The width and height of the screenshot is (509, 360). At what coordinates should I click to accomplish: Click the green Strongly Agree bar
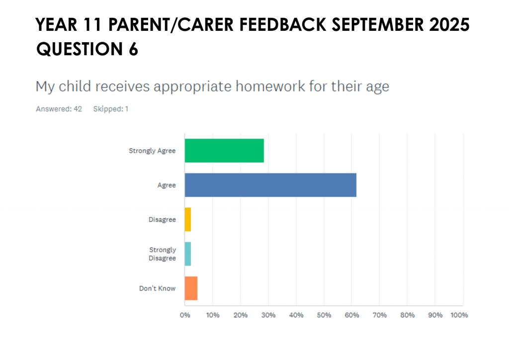(x=224, y=151)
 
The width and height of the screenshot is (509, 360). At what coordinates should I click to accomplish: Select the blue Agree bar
(x=271, y=185)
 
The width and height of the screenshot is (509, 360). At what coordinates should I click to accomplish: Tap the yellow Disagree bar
(x=188, y=219)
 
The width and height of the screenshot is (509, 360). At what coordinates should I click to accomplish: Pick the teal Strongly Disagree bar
(x=188, y=254)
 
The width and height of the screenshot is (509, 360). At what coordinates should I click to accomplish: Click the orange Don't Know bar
(x=191, y=288)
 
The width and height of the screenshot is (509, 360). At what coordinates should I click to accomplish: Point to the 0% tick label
(x=185, y=315)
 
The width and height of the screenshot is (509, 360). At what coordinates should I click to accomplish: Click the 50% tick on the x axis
(x=324, y=315)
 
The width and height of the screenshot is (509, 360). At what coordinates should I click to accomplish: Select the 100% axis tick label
(x=459, y=315)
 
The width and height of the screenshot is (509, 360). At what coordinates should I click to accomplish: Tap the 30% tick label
(x=268, y=315)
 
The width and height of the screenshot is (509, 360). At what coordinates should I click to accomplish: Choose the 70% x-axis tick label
(x=379, y=315)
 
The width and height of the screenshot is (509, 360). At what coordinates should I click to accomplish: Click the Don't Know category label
(x=158, y=288)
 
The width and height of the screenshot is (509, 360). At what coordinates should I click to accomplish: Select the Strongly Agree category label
(x=152, y=151)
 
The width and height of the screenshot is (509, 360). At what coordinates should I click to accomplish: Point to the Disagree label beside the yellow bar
(x=163, y=220)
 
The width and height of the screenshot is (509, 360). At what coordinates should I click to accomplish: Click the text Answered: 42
(x=59, y=109)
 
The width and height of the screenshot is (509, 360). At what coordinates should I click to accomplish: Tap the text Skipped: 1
(x=111, y=109)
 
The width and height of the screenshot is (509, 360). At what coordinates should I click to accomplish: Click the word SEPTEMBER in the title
(x=378, y=25)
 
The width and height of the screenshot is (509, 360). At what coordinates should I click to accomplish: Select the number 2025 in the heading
(x=449, y=25)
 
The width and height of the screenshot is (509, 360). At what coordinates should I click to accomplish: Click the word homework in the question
(x=270, y=87)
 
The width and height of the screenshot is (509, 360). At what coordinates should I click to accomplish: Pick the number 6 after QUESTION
(x=133, y=49)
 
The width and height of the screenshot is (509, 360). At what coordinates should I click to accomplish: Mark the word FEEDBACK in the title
(x=283, y=25)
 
